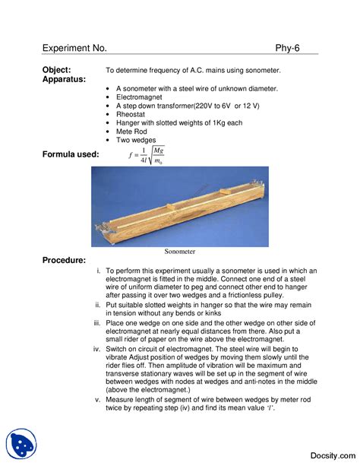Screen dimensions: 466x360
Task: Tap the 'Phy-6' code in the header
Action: click(287, 48)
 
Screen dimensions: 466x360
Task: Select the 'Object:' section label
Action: click(57, 69)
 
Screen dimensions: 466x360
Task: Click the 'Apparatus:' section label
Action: click(64, 79)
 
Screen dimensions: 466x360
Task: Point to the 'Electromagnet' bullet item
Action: click(139, 97)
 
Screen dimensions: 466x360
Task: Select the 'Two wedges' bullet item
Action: click(136, 141)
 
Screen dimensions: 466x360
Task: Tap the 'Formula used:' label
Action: click(71, 154)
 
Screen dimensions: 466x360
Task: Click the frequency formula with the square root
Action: click(147, 156)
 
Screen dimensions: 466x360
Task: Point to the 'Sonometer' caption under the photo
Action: click(180, 251)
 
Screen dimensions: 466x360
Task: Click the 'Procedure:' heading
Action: click(64, 261)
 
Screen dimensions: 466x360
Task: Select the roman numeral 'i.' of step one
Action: click(98, 271)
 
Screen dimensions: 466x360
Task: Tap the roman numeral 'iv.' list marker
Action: click(96, 349)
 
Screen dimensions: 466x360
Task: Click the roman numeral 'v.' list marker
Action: click(97, 399)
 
